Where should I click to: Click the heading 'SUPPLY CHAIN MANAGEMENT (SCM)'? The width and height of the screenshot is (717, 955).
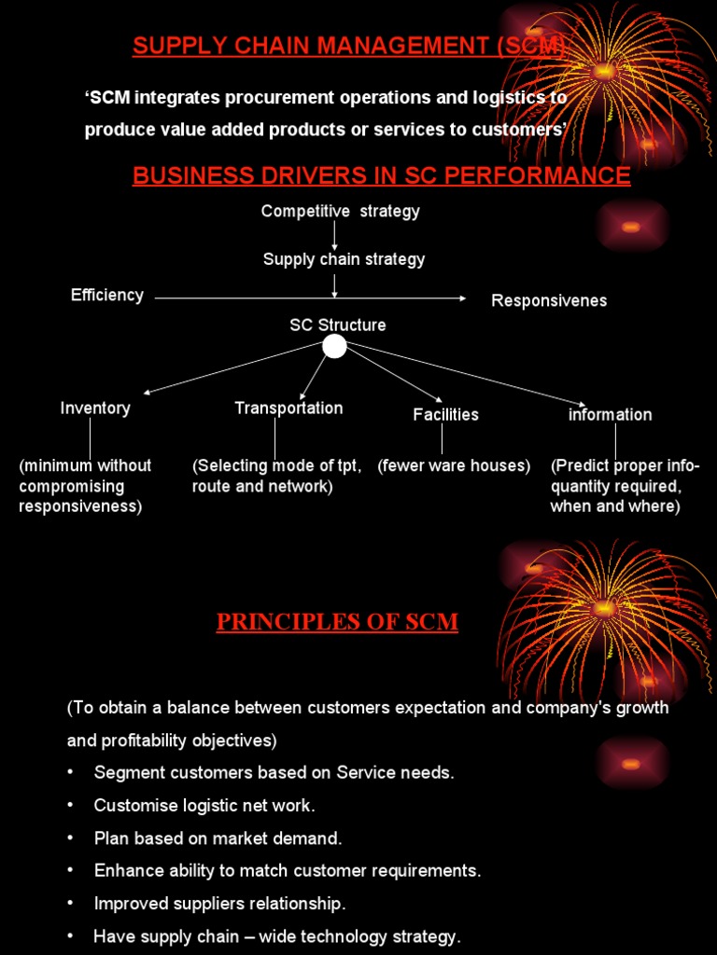tap(348, 46)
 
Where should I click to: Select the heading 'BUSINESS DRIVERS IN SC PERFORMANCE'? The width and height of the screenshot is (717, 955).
tap(381, 175)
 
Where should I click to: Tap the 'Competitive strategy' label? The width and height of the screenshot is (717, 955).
tap(340, 212)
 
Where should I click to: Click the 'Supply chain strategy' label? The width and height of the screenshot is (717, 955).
tap(344, 259)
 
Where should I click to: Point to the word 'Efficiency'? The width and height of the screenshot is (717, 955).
tap(107, 296)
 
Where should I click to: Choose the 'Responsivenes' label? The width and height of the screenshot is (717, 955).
tap(549, 300)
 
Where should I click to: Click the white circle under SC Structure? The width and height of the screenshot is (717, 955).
tap(334, 347)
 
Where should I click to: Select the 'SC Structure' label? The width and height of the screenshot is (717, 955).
tap(337, 325)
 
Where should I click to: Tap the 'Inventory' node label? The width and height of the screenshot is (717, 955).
tap(95, 408)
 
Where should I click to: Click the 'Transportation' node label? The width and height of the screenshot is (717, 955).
tap(288, 408)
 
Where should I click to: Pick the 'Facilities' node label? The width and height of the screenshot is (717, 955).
tap(445, 415)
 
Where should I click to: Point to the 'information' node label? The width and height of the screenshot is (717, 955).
tap(610, 415)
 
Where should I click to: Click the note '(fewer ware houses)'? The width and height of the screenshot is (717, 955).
tap(454, 465)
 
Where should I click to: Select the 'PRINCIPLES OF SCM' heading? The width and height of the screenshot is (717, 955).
tap(337, 622)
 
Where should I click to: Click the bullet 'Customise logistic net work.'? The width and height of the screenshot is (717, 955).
tap(204, 806)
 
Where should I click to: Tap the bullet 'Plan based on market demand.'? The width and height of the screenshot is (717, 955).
tap(218, 838)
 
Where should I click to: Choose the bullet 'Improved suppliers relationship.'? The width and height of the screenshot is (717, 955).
tap(219, 904)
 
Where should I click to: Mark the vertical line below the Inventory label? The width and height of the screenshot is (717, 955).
tap(91, 437)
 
